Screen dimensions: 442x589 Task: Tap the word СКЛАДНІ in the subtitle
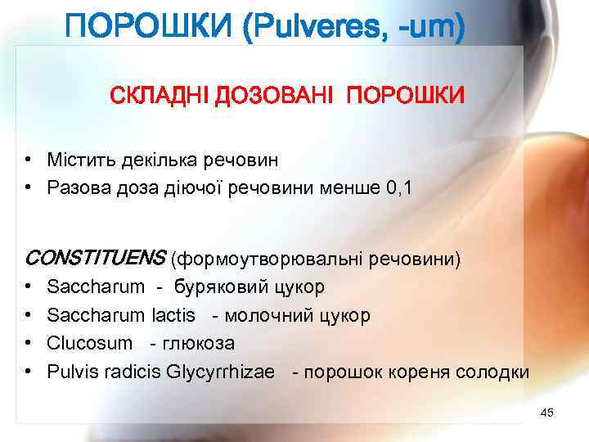[x=160, y=97]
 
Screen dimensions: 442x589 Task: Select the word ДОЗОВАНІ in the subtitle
[x=276, y=97]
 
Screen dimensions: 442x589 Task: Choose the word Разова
[x=79, y=188]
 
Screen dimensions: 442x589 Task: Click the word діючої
[x=202, y=188]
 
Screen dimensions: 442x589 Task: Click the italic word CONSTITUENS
[x=95, y=259]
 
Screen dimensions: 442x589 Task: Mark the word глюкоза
[x=200, y=344]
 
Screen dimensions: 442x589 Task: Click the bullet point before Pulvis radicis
[x=28, y=372]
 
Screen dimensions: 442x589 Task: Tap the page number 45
[x=547, y=413]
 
